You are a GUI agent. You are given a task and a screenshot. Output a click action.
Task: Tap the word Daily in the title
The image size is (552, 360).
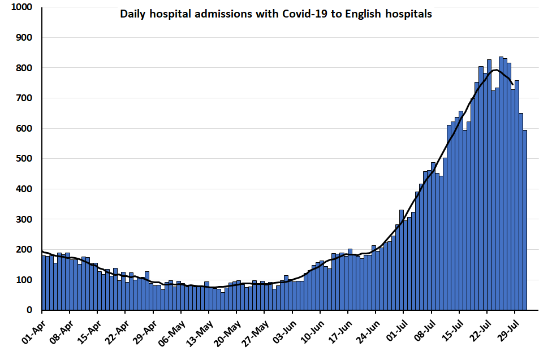tap(132, 14)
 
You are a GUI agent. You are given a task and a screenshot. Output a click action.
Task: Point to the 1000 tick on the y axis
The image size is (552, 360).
tap(21, 7)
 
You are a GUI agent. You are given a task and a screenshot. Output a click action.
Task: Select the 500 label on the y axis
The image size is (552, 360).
tap(24, 159)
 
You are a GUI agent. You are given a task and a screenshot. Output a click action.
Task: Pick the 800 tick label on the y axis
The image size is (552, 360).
tap(24, 68)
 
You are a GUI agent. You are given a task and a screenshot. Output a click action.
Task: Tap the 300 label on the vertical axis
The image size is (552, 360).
tap(24, 219)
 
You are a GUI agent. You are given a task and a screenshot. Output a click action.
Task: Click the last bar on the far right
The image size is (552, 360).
tap(525, 220)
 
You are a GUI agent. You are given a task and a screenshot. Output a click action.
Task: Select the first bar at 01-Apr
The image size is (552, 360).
tap(44, 283)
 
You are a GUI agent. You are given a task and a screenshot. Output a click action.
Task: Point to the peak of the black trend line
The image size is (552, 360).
tap(495, 70)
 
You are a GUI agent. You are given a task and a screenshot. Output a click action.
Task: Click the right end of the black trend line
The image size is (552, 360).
tap(512, 85)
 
